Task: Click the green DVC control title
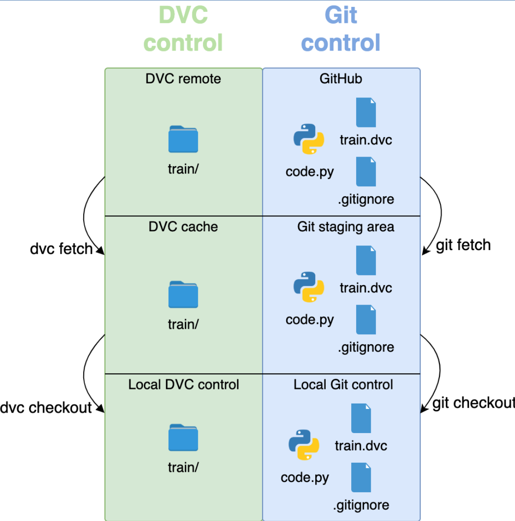pos(183,29)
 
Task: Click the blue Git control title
pos(341,29)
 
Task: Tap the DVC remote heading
pos(183,79)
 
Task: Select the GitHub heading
pos(341,79)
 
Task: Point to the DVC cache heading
pos(183,227)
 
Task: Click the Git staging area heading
pos(346,227)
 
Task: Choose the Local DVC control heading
pos(183,384)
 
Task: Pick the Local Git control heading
pos(343,384)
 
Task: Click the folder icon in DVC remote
pos(183,139)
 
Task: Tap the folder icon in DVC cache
pos(183,295)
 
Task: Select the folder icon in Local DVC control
pos(183,438)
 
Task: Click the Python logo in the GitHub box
pos(309,139)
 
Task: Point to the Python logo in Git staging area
pos(309,287)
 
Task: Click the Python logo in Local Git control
pos(304,445)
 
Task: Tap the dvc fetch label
pos(61,249)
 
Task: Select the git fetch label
pos(463,245)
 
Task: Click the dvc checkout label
pos(46,408)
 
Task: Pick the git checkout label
pos(473,403)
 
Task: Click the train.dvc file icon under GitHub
pos(366,112)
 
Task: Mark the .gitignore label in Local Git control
pos(361,505)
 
